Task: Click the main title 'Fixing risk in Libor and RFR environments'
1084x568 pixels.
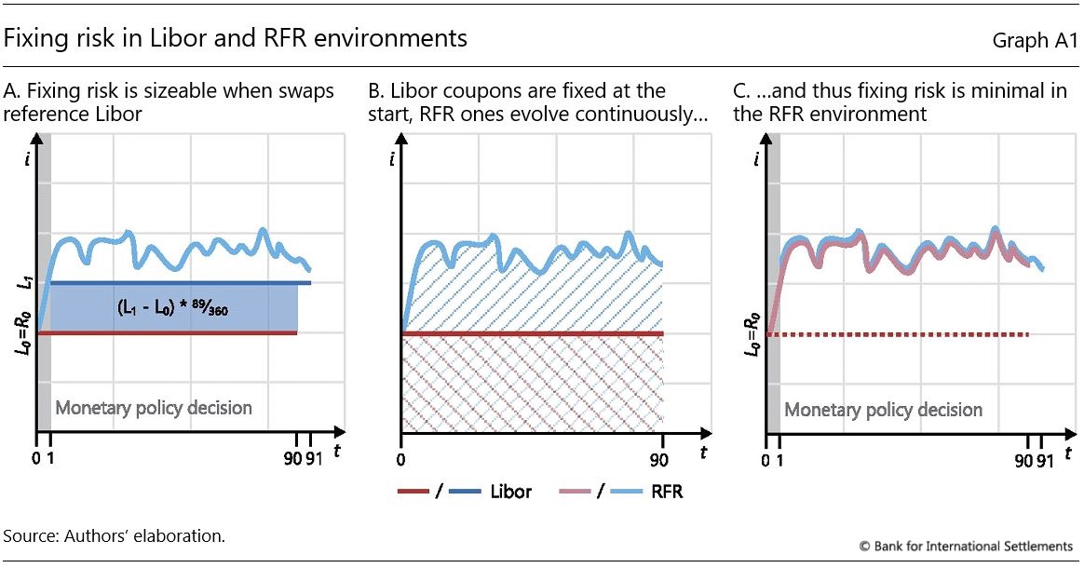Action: coord(236,39)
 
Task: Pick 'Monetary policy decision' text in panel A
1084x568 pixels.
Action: coord(154,408)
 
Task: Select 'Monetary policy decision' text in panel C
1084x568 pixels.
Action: coord(883,410)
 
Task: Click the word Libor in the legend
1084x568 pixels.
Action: coord(510,491)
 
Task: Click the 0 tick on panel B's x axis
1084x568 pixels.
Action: coord(400,457)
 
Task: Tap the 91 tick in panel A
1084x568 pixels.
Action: coord(314,457)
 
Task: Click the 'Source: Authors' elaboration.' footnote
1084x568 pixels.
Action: coord(115,536)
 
